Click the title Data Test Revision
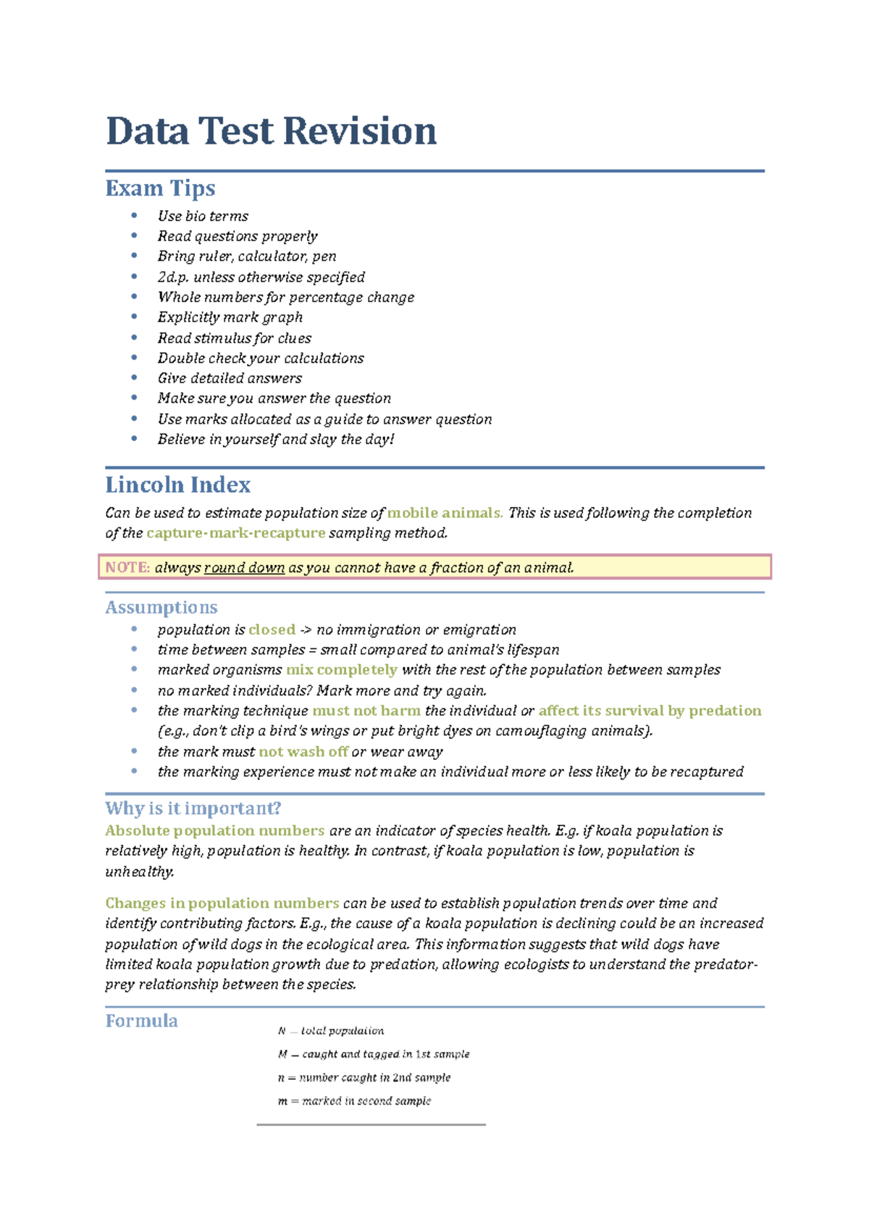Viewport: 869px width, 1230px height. [271, 131]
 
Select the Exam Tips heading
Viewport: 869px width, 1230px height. [160, 188]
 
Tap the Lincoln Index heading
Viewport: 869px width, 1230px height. [177, 485]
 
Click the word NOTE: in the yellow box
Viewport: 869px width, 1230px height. [127, 568]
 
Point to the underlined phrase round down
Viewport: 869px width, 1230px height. [244, 568]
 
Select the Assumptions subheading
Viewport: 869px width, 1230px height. [161, 607]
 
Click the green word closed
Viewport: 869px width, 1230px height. [272, 629]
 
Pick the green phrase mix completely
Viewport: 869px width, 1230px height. [341, 670]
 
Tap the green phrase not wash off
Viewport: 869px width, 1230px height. [303, 752]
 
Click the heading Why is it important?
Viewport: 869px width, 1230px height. [193, 808]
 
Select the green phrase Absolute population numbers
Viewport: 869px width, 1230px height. [214, 831]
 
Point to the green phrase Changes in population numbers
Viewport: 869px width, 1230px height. [222, 903]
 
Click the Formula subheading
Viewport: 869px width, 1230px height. [141, 1021]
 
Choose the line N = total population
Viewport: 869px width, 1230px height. [331, 1031]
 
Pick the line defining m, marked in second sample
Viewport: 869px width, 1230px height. [354, 1101]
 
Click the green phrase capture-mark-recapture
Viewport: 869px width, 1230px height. [235, 533]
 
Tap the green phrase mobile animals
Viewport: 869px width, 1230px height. [445, 513]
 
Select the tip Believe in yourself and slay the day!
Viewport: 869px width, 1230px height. [276, 440]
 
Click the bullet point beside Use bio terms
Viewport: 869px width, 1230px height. [134, 215]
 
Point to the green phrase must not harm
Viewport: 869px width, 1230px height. [366, 711]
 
